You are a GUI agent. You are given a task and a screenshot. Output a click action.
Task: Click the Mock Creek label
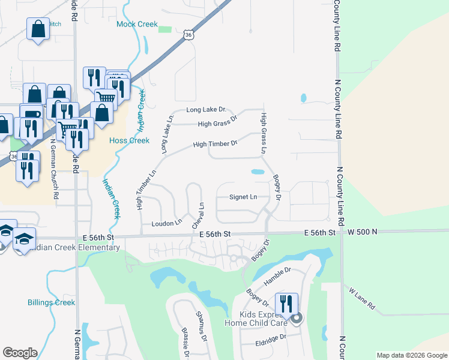coord(137,25)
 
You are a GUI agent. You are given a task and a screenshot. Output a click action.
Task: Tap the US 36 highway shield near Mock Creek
coord(189,36)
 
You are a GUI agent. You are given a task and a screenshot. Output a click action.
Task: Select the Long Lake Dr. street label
coord(205,110)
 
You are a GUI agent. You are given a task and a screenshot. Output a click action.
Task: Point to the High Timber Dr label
coord(215,144)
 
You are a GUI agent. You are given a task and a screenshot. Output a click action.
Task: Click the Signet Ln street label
coord(243,197)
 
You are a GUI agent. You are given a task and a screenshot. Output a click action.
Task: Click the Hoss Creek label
coord(129,140)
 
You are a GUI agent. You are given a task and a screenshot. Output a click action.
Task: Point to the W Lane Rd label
coord(363,298)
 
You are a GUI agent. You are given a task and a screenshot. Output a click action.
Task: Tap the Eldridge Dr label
coord(270,337)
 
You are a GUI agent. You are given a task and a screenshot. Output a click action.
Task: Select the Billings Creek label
coord(52,302)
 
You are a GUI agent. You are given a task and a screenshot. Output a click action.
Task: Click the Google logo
coord(20,353)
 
